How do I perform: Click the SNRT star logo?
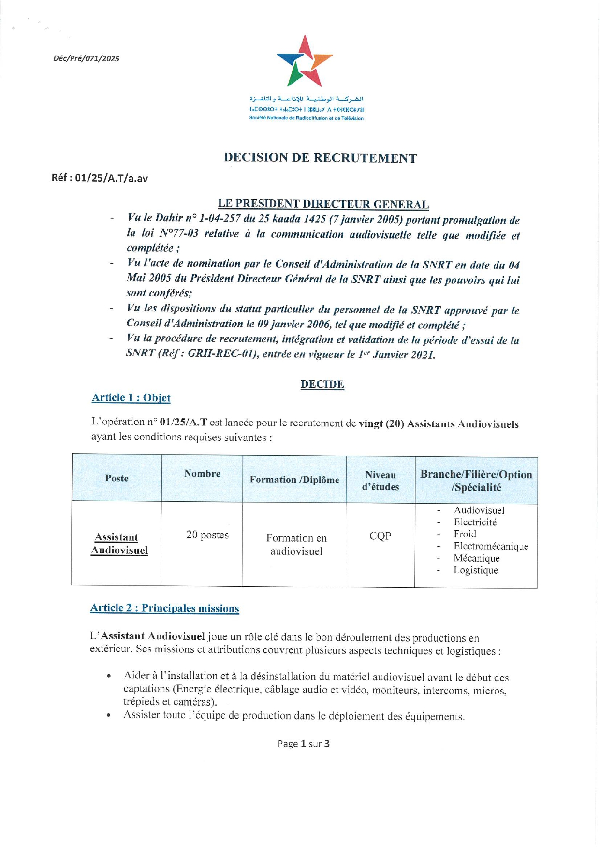305,61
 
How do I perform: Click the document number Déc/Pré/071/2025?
86,59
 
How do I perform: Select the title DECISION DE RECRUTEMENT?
320,158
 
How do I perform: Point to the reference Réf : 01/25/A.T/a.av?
100,178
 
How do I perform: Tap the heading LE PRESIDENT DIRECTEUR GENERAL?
323,204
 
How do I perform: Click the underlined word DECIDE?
322,384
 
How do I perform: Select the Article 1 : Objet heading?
131,398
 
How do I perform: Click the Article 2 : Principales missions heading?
164,608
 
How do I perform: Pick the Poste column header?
117,478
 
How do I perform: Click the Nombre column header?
202,474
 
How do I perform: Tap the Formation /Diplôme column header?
294,480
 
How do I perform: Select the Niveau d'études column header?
380,481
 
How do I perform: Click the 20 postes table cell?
207,535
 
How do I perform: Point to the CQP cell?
380,536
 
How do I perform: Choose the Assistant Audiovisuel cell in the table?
119,544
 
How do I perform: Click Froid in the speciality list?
465,534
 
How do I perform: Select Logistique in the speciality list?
476,570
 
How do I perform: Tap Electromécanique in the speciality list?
491,546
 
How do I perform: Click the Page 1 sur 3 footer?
304,744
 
